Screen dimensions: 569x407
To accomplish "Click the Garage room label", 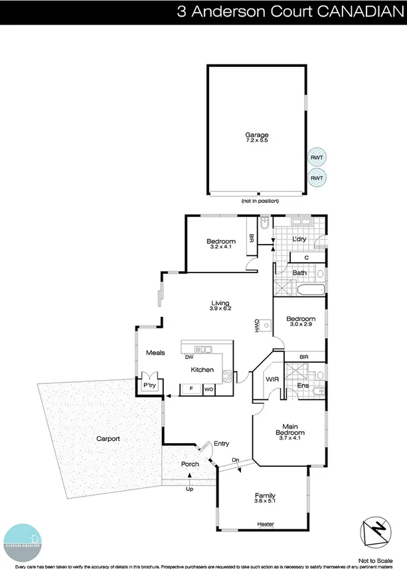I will tap(257, 135).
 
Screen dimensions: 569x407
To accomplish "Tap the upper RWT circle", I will tap(317, 158).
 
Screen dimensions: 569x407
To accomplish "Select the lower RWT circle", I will tap(317, 178).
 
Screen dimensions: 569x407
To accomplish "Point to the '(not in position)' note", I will tap(260, 200).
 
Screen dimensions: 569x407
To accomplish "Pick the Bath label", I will tap(299, 273).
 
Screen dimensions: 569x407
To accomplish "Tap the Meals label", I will tap(155, 353).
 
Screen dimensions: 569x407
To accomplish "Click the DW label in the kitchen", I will tap(189, 357).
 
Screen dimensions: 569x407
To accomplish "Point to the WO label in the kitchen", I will tap(208, 389).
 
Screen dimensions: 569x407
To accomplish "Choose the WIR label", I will tap(271, 379).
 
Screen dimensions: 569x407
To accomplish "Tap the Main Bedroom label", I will tap(289, 430).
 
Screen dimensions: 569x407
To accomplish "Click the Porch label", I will tap(190, 464).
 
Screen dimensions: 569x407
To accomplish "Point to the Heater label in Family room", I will tap(265, 525).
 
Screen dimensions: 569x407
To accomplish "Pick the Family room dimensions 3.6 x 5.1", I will tap(265, 502).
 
